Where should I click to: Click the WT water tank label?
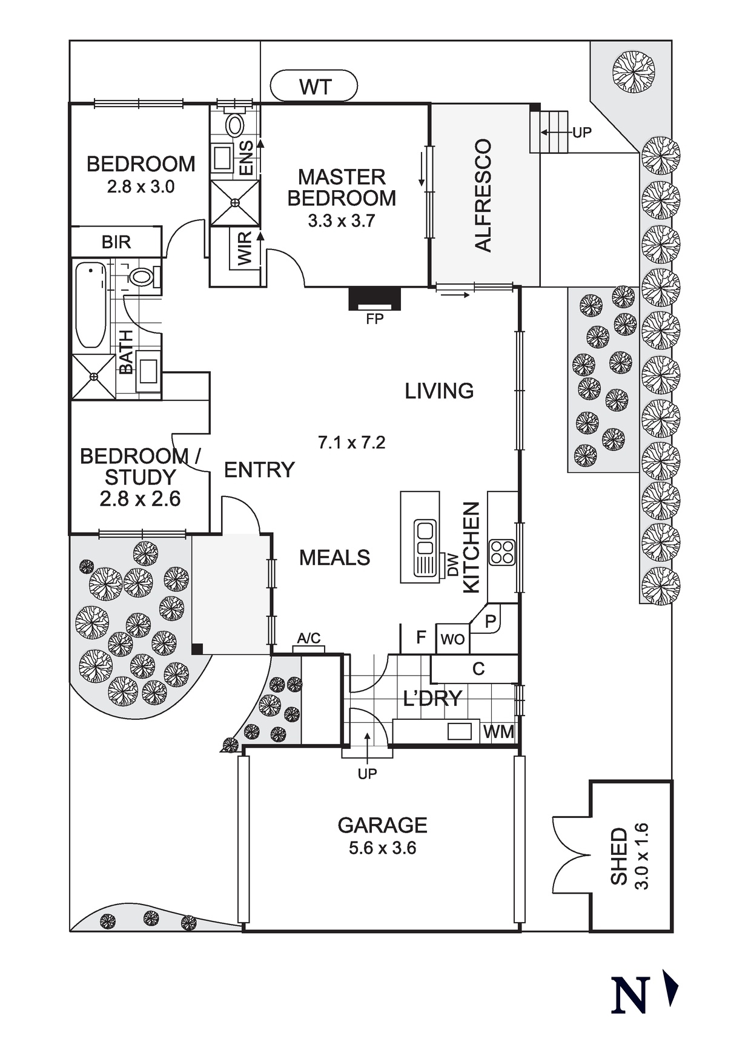point(315,87)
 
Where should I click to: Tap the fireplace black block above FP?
point(375,298)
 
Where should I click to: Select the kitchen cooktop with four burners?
point(502,552)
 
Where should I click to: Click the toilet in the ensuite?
point(234,125)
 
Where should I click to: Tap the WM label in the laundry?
point(498,732)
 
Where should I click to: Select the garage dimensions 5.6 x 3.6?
point(382,848)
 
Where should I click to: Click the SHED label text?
point(619,856)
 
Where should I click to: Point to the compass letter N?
point(630,995)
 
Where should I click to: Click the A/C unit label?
point(309,638)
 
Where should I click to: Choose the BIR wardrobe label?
point(116,242)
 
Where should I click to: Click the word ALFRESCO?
point(483,195)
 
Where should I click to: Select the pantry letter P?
point(491,621)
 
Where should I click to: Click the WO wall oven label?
point(452,639)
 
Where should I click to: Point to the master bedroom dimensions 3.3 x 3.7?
point(341,221)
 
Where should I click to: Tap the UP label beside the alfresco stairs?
point(582,132)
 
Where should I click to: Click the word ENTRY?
point(259,470)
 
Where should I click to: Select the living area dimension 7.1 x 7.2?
point(351,443)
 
